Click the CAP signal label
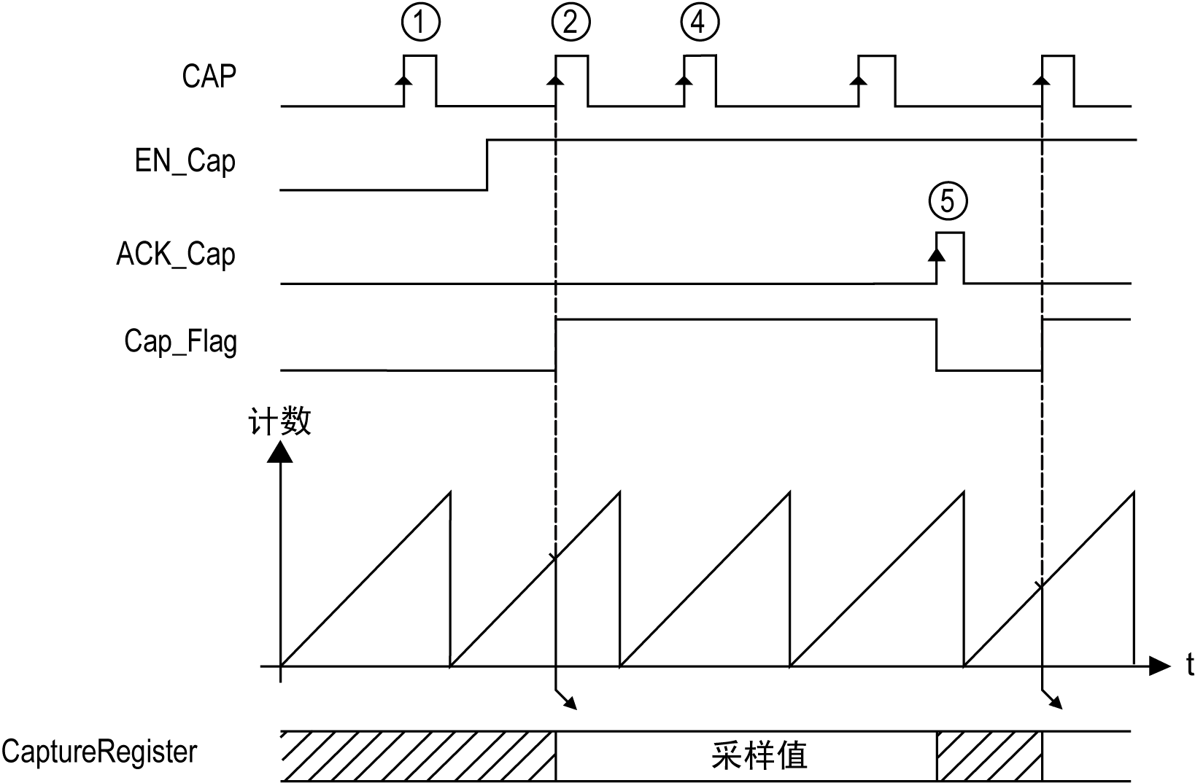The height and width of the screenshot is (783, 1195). point(209,76)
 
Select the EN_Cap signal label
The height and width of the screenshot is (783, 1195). point(185,160)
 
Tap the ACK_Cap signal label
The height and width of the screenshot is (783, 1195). point(176,254)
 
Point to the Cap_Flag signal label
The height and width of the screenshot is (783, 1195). point(180,341)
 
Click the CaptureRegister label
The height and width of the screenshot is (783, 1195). point(99,752)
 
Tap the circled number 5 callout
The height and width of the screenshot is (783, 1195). point(948,200)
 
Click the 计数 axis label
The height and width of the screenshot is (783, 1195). point(281,421)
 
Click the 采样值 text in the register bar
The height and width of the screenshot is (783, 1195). point(759,755)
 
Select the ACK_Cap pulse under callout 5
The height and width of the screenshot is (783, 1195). point(950,257)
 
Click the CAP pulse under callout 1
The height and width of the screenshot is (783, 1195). point(420,80)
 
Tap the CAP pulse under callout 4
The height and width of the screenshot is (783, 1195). point(700,80)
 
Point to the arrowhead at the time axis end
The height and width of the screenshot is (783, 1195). point(1159,665)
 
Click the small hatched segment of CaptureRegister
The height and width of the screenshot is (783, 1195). point(989,756)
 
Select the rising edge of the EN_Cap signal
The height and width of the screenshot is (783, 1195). point(487,164)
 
